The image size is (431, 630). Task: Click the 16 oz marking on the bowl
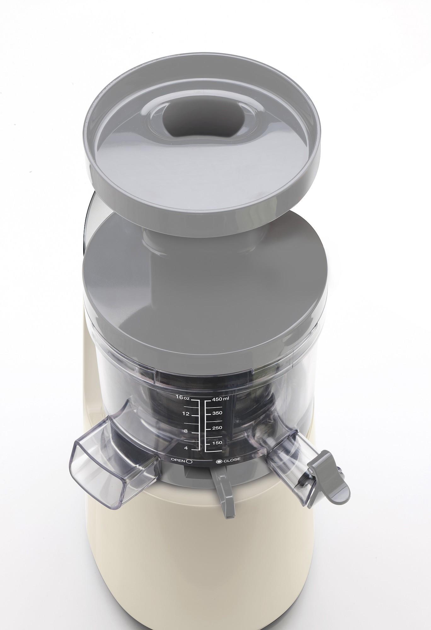point(183,397)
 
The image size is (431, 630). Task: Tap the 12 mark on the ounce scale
point(187,414)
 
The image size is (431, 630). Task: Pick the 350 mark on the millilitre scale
point(218,413)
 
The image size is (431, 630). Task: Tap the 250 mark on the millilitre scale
point(217,428)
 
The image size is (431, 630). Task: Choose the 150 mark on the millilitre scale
point(217,442)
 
